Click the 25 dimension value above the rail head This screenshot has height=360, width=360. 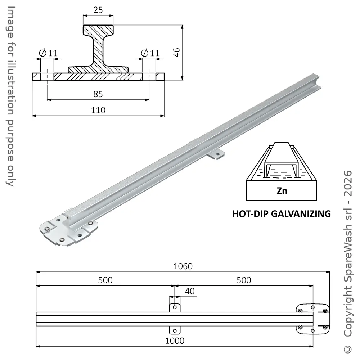(x=98, y=10)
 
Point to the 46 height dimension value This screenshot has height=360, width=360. (x=176, y=52)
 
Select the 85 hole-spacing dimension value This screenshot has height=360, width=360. (x=98, y=94)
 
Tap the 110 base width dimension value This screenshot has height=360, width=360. (x=98, y=110)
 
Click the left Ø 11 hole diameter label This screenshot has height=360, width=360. (x=48, y=53)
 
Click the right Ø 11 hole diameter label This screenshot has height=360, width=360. (x=150, y=53)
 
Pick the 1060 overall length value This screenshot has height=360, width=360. (x=183, y=266)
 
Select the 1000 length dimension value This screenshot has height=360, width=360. (x=175, y=341)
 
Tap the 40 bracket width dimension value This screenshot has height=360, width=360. (x=190, y=291)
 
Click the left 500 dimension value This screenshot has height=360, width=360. (x=105, y=280)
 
